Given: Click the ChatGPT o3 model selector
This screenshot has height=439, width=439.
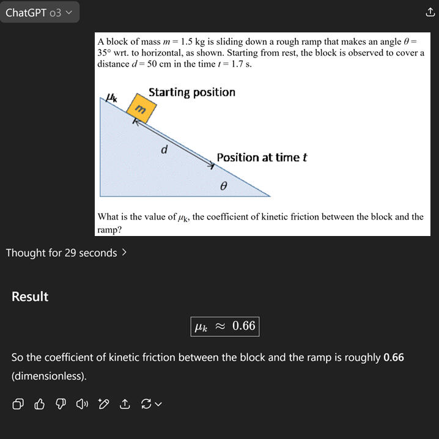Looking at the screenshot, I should tap(39, 12).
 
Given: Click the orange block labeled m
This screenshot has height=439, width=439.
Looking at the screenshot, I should tap(141, 109).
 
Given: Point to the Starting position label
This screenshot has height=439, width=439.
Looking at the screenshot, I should tap(191, 92).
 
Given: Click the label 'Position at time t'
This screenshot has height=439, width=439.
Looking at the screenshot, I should tap(261, 157).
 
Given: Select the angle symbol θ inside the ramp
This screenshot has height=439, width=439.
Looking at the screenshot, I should tap(224, 185).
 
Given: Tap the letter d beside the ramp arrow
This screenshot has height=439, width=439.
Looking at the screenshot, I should tap(164, 149).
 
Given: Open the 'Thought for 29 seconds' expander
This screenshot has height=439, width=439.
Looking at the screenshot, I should tap(67, 253).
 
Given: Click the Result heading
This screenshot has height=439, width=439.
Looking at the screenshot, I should tap(30, 297).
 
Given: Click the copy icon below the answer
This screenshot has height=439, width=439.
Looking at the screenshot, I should tap(18, 404).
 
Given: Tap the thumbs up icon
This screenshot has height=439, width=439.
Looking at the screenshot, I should tap(40, 404).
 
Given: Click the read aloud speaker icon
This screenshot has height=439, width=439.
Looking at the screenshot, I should tap(81, 404).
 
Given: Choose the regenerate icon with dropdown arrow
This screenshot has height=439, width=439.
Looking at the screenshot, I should tap(151, 404).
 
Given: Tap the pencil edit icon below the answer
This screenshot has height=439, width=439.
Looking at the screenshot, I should tap(103, 404).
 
